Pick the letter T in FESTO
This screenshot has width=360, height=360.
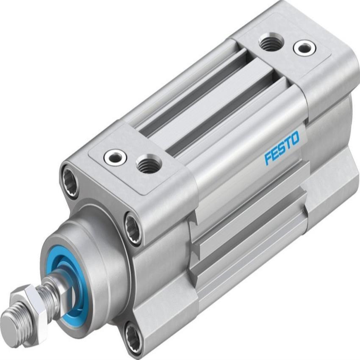pos(288,143)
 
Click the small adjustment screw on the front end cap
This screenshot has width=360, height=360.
pos(115,158)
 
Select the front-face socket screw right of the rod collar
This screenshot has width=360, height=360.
pos(133,228)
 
